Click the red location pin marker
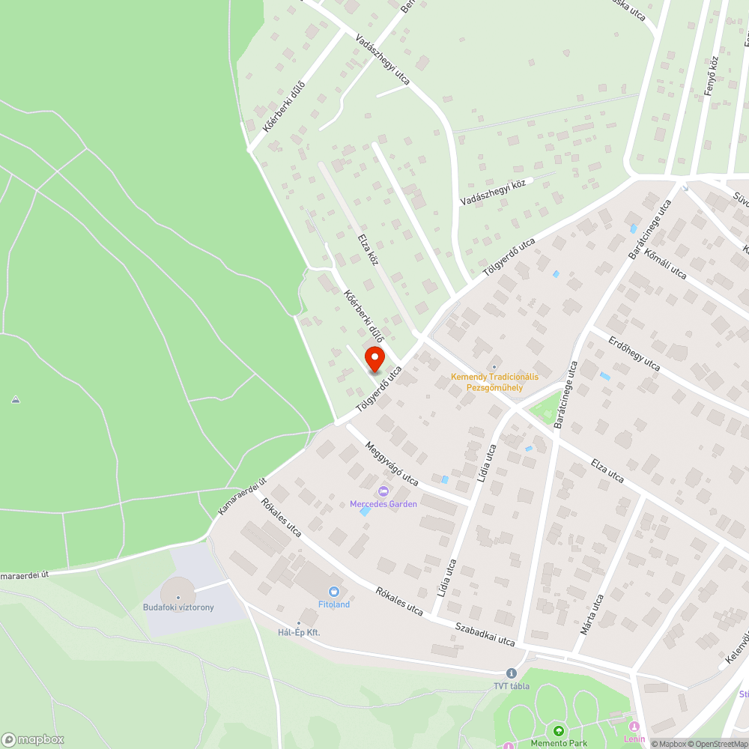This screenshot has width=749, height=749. (x=374, y=358)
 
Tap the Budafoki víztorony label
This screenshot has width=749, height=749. (x=178, y=607)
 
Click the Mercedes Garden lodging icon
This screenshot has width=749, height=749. (x=383, y=491)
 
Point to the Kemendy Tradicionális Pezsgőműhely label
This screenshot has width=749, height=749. (x=494, y=382)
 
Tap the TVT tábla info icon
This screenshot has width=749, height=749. (x=511, y=673)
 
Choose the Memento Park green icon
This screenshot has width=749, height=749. (x=557, y=731)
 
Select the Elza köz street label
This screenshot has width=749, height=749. (x=367, y=249)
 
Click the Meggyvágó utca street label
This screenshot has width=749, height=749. (x=391, y=463)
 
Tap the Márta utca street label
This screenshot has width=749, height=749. (x=592, y=614)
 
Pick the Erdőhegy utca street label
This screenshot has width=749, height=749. (x=634, y=354)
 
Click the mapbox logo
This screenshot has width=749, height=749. (x=34, y=739)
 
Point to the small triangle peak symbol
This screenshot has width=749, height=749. (x=16, y=400)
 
